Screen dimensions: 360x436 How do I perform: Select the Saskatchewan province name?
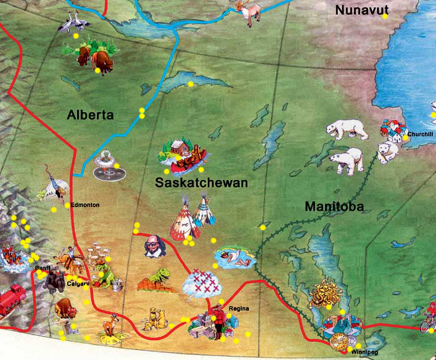pyautogui.click(x=202, y=183)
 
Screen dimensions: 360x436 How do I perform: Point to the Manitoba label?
pyautogui.click(x=334, y=207)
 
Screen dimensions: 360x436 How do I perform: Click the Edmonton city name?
pyautogui.click(x=85, y=205)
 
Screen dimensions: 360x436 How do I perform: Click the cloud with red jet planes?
pyautogui.click(x=204, y=282)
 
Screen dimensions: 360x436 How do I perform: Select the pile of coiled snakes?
pyautogui.click(x=324, y=294)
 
